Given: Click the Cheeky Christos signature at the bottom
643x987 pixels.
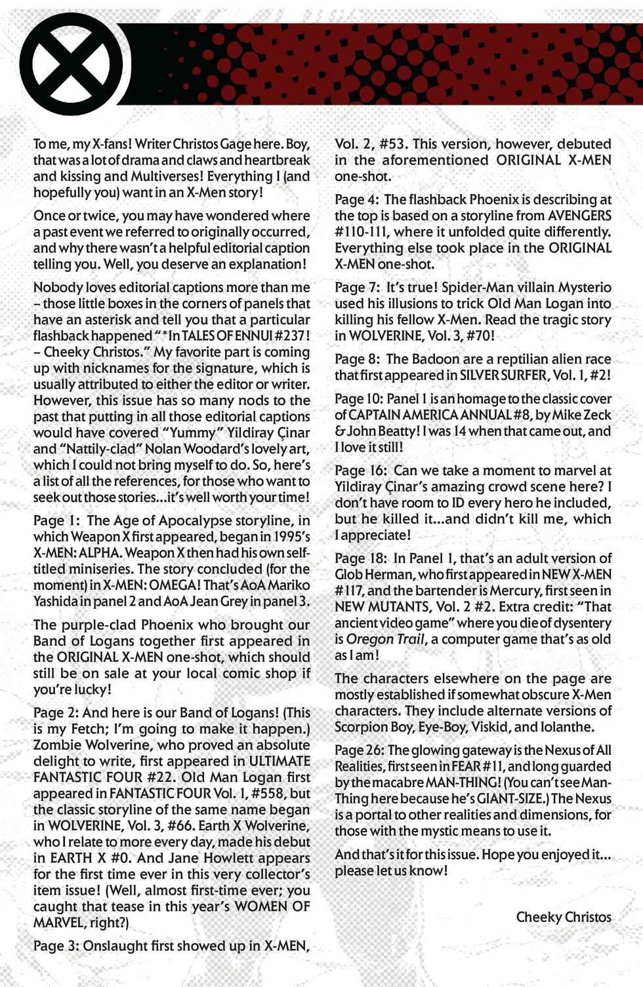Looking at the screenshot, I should click(x=564, y=917).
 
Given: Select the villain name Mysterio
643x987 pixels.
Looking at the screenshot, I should click(x=579, y=288).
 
